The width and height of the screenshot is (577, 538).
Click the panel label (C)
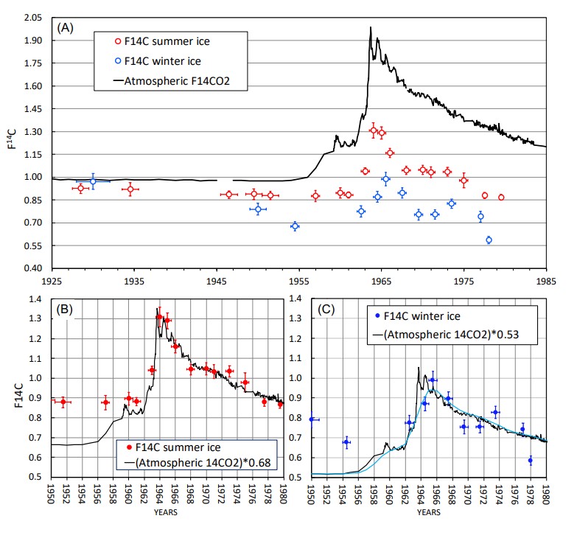pos(327,310)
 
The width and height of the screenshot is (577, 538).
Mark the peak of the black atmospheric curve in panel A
pos(371,27)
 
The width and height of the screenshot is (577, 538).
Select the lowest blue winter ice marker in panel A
pos(489,240)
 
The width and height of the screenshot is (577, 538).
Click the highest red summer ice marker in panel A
pos(374,130)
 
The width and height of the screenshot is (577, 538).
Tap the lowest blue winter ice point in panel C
pos(530,461)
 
